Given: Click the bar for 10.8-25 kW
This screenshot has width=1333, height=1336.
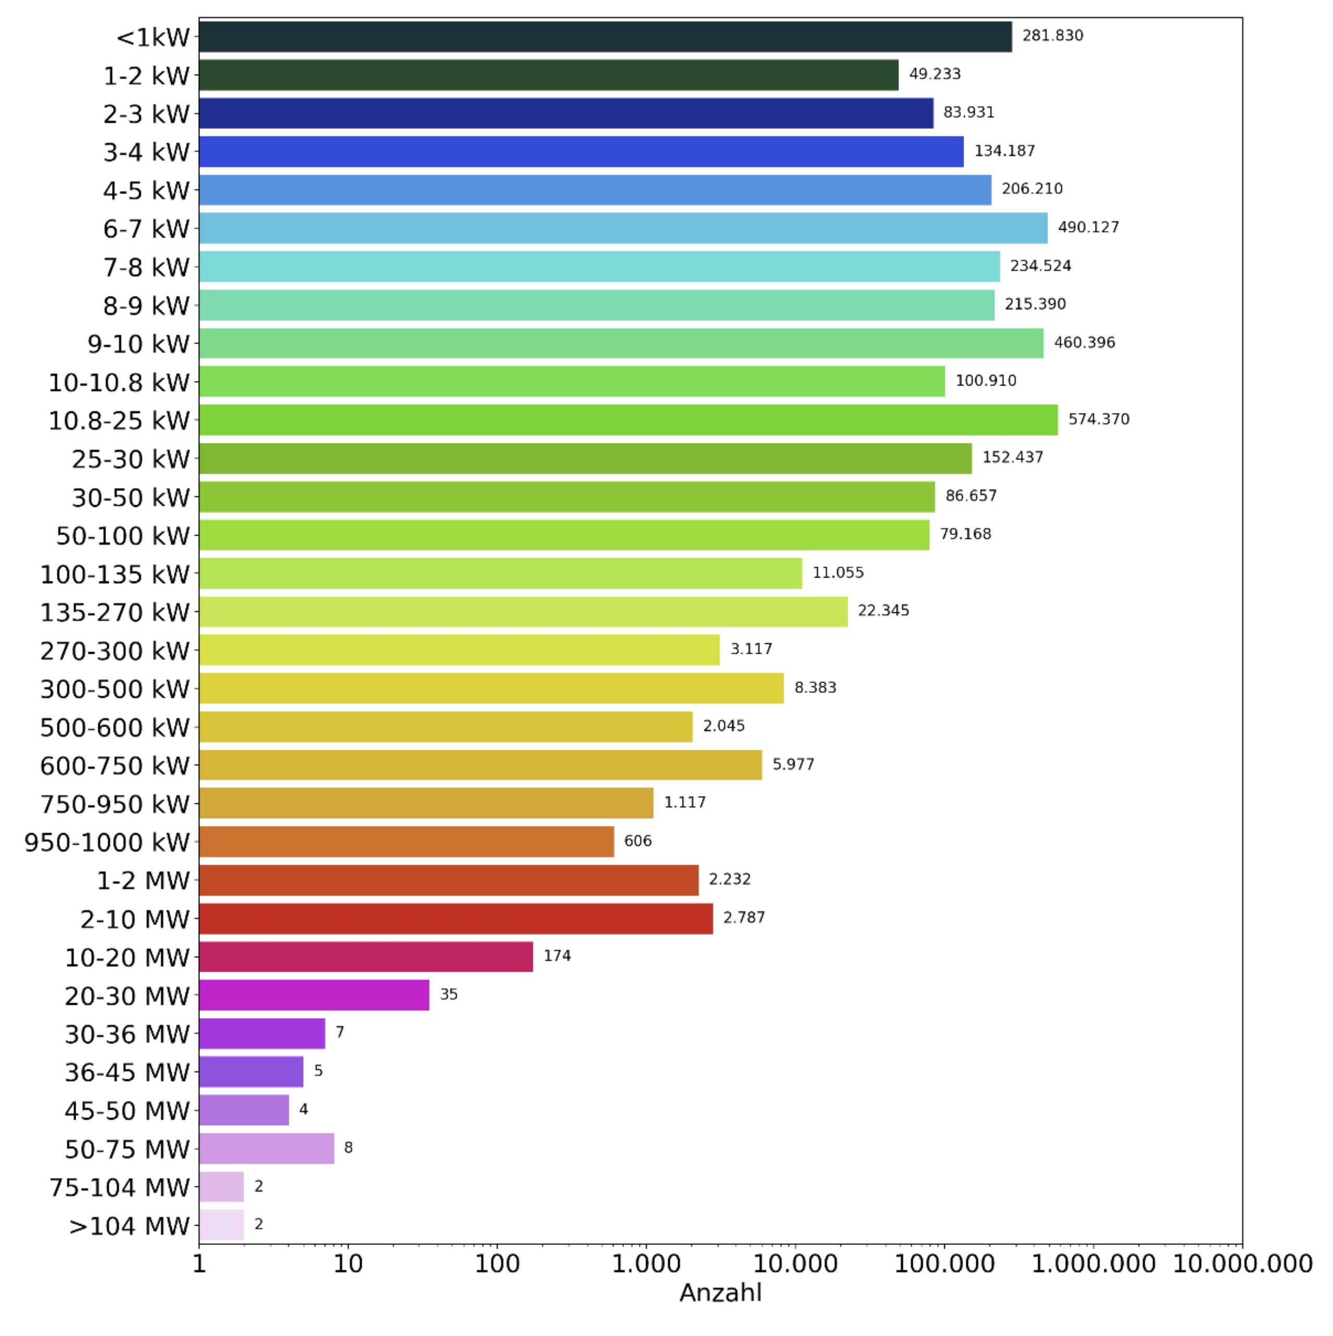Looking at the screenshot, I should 628,420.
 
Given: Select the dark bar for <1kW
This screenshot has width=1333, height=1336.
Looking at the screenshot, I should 605,37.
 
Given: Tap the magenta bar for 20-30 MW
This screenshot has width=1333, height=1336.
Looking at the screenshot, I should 314,995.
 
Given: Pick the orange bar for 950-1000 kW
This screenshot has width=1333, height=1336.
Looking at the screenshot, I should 406,842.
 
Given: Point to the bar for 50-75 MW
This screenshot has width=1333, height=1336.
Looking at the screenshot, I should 266,1149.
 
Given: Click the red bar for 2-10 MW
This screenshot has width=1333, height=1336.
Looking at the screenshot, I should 456,918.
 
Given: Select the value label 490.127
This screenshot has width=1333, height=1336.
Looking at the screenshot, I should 1088,228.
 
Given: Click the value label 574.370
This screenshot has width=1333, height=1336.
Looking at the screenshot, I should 1099,419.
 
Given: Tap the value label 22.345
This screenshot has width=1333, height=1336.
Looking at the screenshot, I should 883,611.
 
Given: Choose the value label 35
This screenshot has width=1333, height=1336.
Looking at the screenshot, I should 449,994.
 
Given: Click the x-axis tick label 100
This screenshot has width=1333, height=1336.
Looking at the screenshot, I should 497,1264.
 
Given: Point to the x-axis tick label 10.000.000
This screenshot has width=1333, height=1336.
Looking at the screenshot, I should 1242,1264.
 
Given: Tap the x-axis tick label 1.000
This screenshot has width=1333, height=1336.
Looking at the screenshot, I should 646,1264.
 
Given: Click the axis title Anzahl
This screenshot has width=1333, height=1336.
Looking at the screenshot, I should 720,1293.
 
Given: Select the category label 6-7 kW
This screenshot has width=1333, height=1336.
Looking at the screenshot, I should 146,229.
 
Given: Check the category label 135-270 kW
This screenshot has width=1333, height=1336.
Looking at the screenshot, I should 115,613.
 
